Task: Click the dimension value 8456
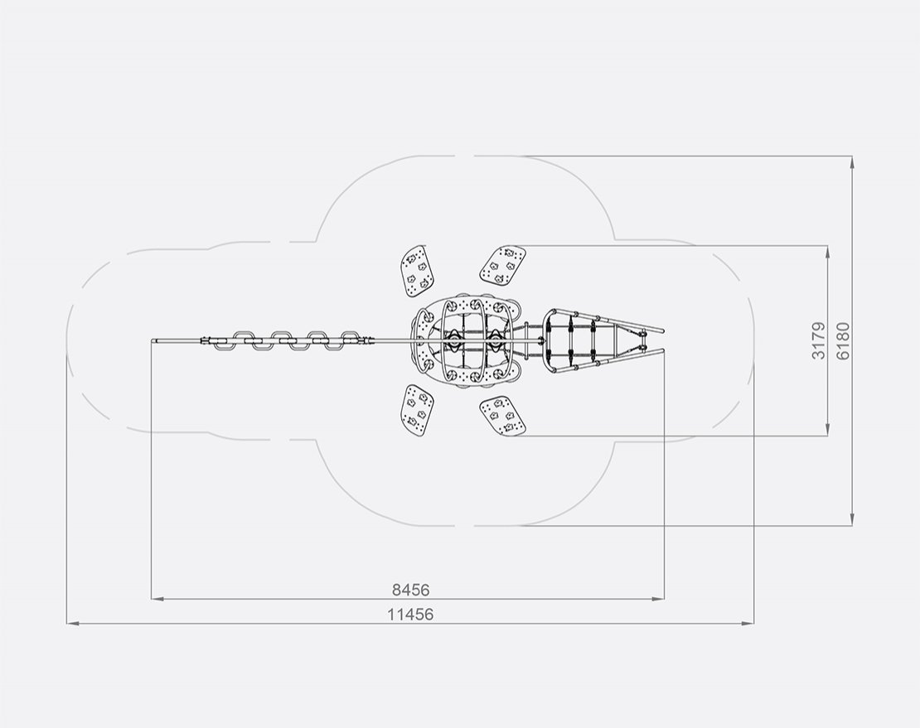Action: point(410,590)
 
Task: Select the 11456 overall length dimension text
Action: point(410,615)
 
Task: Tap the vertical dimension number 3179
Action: point(819,340)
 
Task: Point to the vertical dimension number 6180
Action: point(843,340)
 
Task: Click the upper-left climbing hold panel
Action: point(416,272)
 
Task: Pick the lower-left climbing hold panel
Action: point(416,411)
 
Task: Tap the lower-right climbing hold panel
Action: point(502,416)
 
